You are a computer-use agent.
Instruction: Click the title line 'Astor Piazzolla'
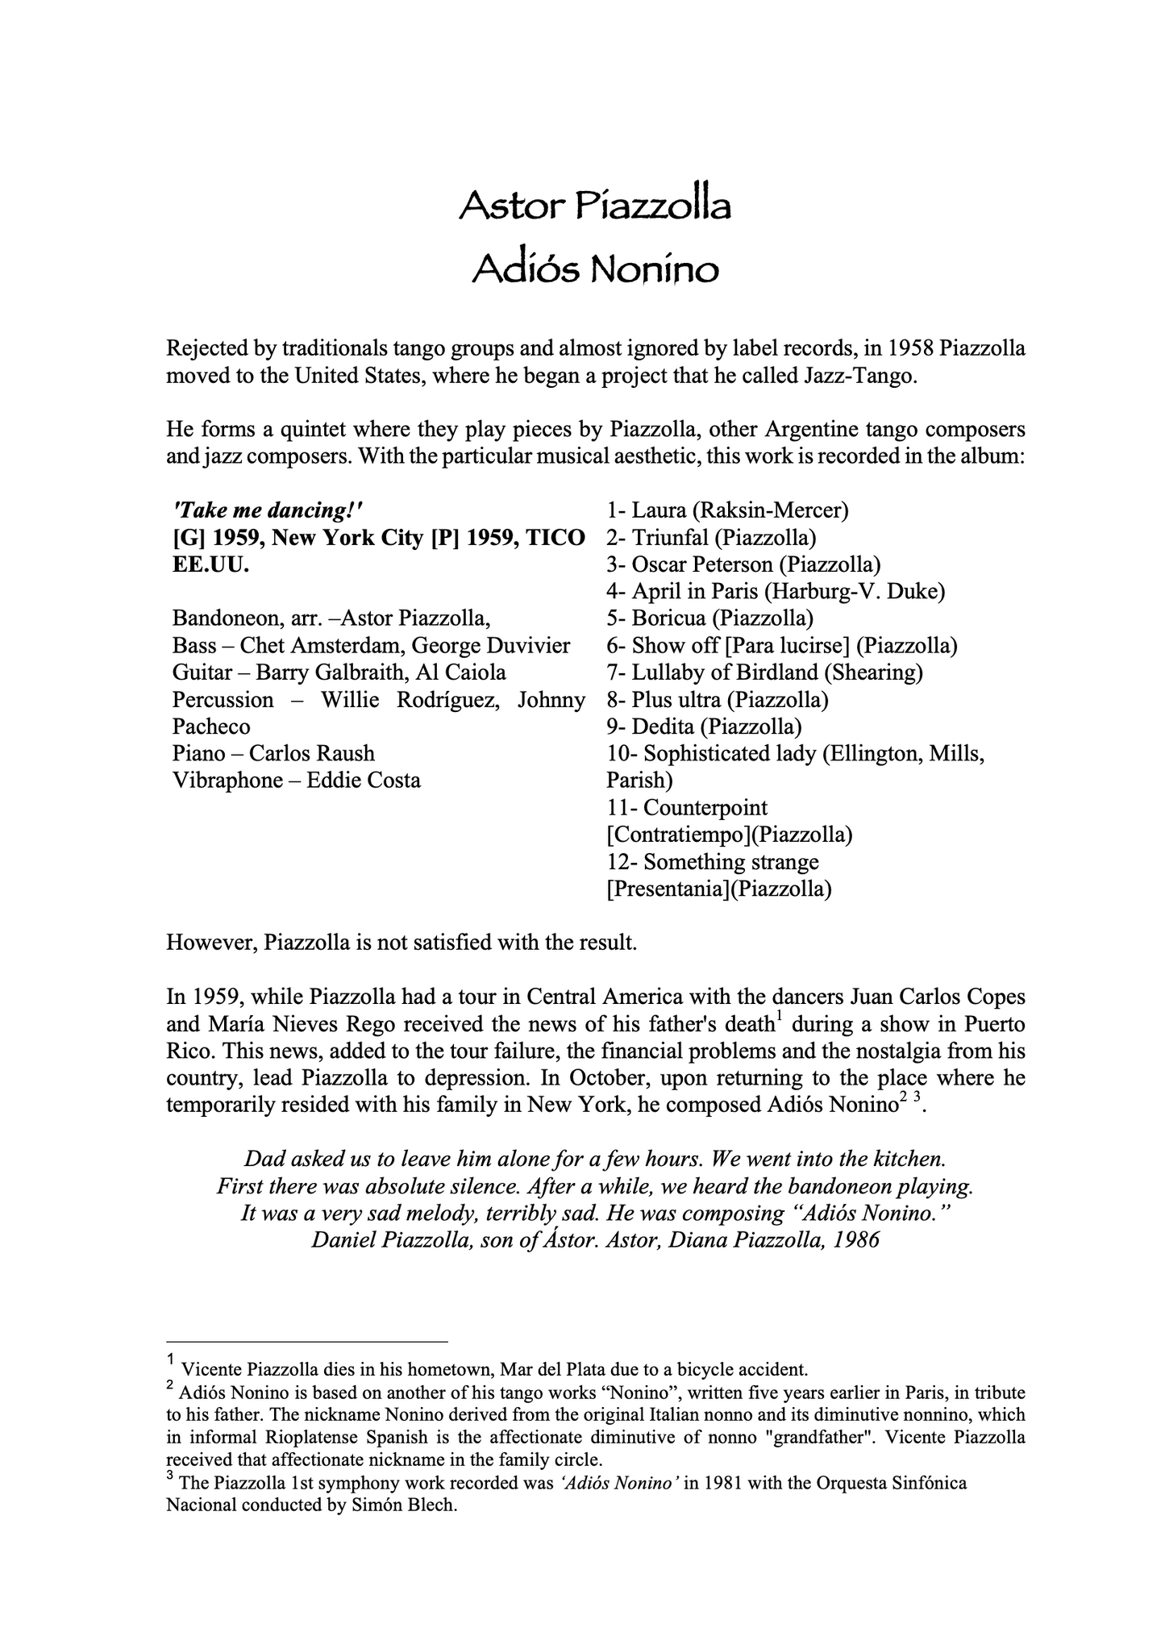tap(594, 206)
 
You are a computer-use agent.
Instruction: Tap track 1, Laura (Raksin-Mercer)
tap(727, 510)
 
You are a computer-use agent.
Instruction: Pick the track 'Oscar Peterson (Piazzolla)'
tap(743, 564)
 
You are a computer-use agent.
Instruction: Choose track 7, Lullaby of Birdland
tap(764, 673)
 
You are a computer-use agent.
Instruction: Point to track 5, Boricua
tap(709, 618)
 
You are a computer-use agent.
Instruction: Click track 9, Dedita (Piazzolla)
tap(704, 727)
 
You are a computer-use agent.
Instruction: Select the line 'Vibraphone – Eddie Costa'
tap(296, 781)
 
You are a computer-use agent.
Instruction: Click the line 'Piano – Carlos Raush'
tap(273, 754)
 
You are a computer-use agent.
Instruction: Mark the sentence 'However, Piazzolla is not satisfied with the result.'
tap(402, 943)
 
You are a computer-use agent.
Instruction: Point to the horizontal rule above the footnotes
tap(306, 1343)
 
